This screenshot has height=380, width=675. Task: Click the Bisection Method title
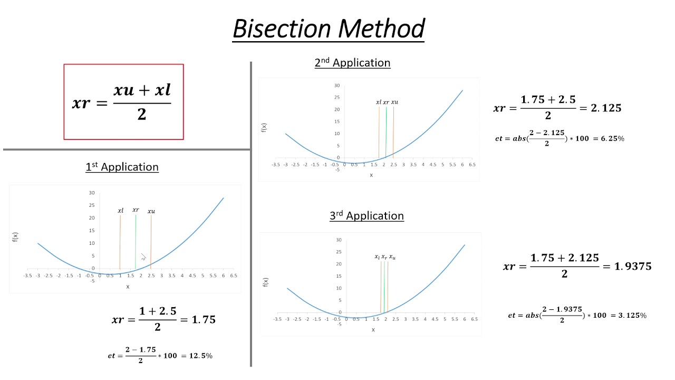coord(329,28)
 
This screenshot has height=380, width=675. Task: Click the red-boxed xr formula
coord(123,102)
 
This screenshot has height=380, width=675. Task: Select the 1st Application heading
coord(122,167)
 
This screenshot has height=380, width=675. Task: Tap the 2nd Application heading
coord(352,63)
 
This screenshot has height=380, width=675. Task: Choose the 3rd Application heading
coord(367,216)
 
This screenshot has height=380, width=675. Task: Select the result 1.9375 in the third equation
coord(633,266)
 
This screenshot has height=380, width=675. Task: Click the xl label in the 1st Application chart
coord(120,211)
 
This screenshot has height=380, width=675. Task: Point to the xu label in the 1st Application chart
coord(151,211)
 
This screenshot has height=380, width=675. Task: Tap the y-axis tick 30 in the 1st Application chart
coord(91,193)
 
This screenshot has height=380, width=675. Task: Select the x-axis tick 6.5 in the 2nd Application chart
coord(472,165)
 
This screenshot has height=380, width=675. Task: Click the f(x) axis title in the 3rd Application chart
coord(265,282)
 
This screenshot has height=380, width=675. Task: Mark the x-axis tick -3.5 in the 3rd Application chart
coord(277,319)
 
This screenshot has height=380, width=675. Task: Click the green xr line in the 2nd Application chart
coord(386,132)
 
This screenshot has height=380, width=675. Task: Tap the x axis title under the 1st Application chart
coord(128,287)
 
